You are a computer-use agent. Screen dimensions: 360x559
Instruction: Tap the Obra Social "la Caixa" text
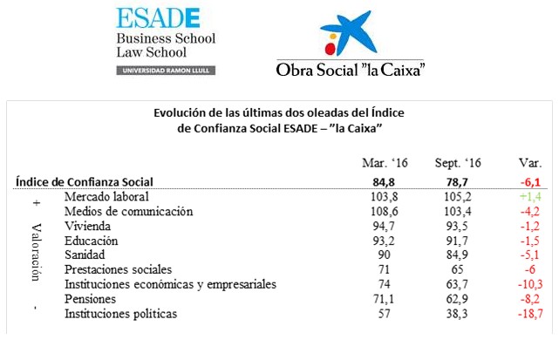point(350,68)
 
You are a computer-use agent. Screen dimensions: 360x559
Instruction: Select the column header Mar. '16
point(384,163)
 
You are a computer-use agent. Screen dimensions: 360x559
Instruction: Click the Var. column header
point(528,163)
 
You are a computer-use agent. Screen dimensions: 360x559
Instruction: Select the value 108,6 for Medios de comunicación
point(384,212)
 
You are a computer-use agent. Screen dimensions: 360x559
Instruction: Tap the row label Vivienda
point(88,226)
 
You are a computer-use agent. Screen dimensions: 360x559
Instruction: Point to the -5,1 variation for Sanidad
point(528,255)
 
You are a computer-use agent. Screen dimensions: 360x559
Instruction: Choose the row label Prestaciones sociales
point(119,270)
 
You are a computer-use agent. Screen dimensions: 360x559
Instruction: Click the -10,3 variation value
point(528,285)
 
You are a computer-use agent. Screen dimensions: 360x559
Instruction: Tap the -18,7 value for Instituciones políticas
point(528,314)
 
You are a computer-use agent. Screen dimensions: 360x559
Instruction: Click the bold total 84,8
point(384,182)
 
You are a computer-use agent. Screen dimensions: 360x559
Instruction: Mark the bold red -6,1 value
point(528,182)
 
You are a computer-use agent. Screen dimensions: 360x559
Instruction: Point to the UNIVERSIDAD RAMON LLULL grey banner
point(166,69)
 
